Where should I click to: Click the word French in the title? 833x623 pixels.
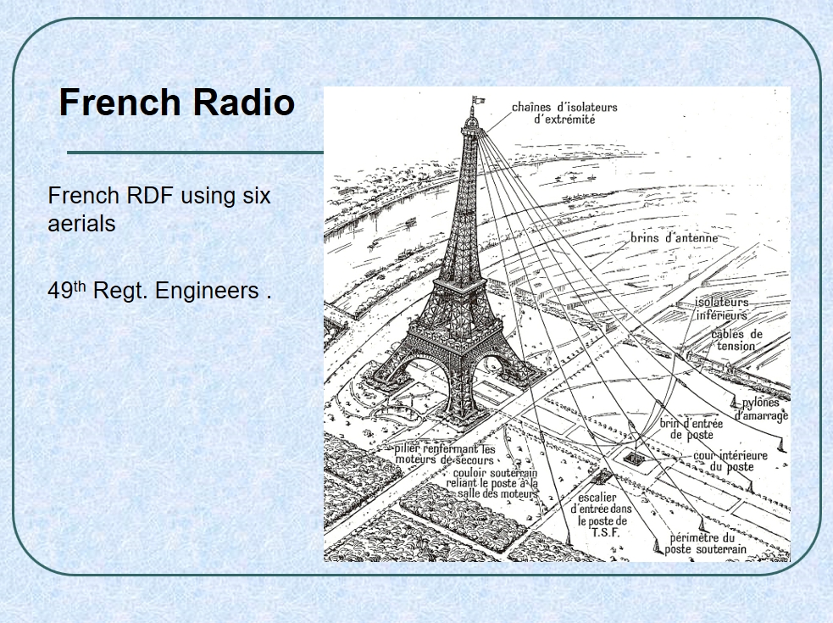coord(119,102)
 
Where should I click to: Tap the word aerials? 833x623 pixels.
coord(82,223)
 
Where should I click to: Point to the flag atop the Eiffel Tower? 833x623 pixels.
coord(479,99)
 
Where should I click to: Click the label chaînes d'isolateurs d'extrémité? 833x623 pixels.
coord(564,113)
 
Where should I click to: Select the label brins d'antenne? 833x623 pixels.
coord(675,237)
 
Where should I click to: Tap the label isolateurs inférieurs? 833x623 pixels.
coord(722,309)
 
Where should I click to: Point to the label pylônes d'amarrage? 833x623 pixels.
coord(761,409)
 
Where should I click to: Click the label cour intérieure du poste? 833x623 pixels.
coord(730,461)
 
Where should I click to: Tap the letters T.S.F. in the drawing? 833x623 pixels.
coord(606,532)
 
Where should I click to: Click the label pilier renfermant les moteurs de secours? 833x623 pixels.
coord(445,454)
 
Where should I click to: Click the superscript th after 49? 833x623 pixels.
coord(79,286)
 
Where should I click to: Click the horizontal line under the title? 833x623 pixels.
coord(196,153)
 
